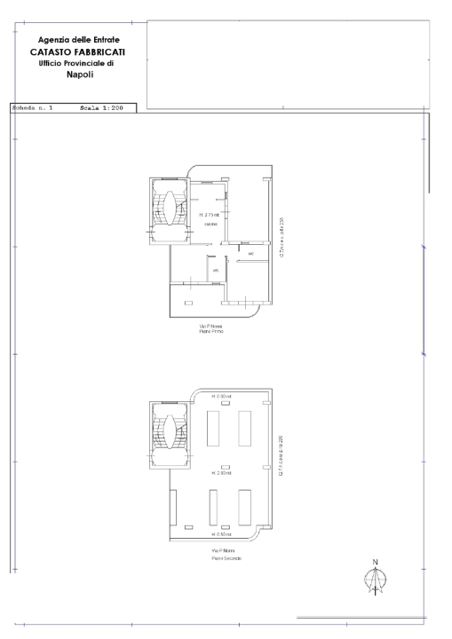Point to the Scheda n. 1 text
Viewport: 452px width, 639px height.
pyautogui.click(x=33, y=108)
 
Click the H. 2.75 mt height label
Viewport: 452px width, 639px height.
pyautogui.click(x=210, y=215)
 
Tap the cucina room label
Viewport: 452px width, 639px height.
pyautogui.click(x=210, y=225)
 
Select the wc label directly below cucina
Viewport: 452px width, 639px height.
pyautogui.click(x=215, y=270)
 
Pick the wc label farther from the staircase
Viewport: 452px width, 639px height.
pyautogui.click(x=251, y=256)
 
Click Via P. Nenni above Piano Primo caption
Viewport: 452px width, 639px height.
pyautogui.click(x=211, y=327)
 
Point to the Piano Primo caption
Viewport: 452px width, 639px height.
pyautogui.click(x=211, y=333)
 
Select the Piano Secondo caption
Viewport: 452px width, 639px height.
pyautogui.click(x=226, y=558)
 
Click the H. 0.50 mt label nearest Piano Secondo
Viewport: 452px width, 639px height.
pyautogui.click(x=222, y=535)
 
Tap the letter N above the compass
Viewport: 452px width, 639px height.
pyautogui.click(x=376, y=562)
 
